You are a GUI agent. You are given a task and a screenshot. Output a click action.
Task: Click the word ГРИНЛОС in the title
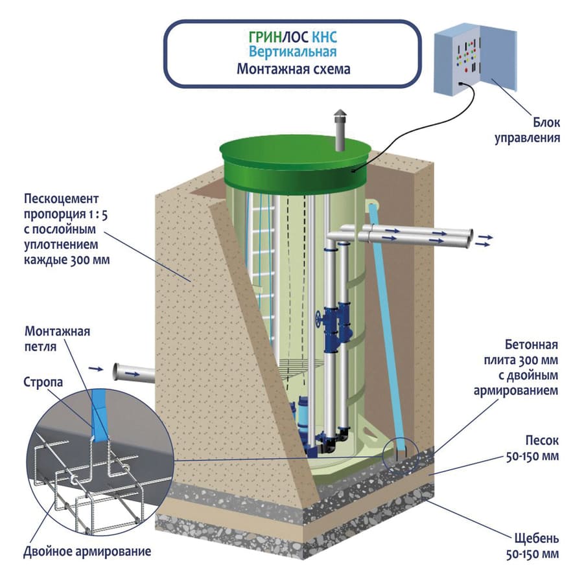coord(270,37)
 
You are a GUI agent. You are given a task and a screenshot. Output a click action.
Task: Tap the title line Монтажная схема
coord(293,69)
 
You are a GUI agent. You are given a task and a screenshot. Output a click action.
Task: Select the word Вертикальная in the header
coord(293,52)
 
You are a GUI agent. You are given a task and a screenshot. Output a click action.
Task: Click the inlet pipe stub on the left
coord(133,372)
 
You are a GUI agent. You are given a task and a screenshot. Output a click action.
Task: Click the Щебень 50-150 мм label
coord(530,546)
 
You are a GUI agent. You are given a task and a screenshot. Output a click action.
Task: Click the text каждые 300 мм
coord(67,261)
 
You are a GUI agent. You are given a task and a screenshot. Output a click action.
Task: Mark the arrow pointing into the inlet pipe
coord(96,369)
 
